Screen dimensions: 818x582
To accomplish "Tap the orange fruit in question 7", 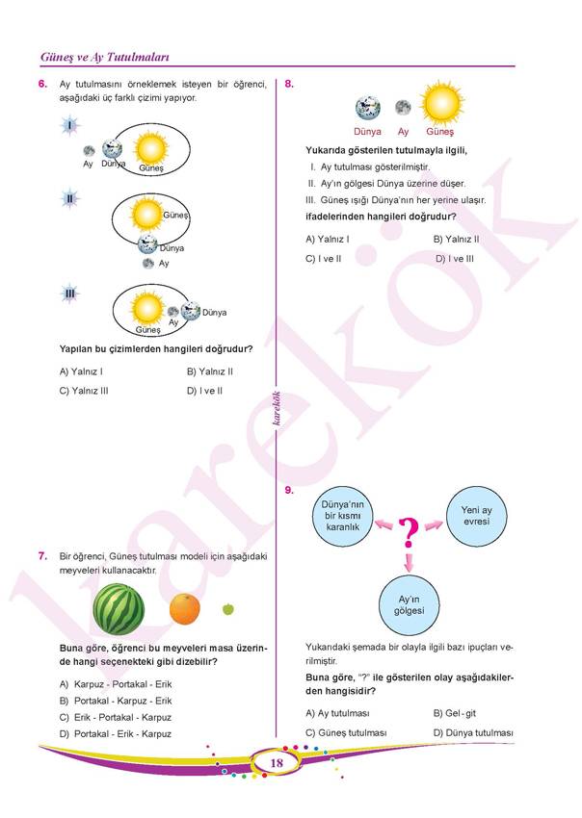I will [x=184, y=609].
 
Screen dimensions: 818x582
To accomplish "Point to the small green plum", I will [x=228, y=608].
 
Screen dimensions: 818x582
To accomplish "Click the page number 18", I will [x=277, y=763].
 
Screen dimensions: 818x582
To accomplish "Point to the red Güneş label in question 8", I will [x=440, y=132].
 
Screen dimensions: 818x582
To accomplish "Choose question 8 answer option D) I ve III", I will [x=455, y=259].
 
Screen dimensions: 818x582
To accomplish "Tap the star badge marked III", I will [x=70, y=293].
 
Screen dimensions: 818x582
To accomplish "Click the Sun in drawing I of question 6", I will [x=151, y=148].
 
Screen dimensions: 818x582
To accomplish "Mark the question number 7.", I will [x=42, y=556].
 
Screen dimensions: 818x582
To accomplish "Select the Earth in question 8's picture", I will [x=367, y=107].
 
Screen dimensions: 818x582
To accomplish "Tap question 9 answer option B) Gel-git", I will [x=456, y=713].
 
